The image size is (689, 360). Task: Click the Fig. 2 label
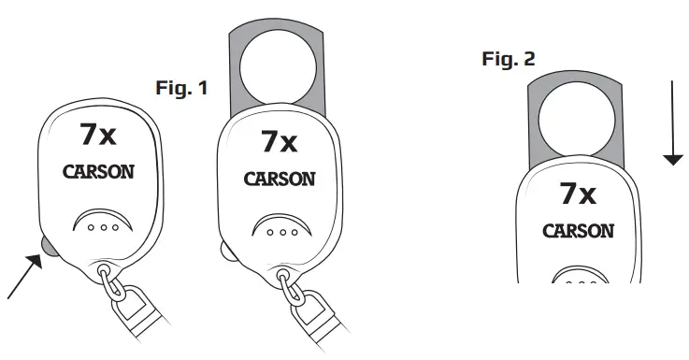(x=509, y=60)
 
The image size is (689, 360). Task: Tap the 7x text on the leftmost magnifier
(x=98, y=136)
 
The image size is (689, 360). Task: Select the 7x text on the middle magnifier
(x=279, y=142)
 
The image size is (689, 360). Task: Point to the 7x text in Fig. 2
(x=578, y=194)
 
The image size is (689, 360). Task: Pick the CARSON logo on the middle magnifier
(x=278, y=178)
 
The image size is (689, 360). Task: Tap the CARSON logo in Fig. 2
(x=579, y=230)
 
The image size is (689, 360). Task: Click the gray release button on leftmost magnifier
(x=46, y=245)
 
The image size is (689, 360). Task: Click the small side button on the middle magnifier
(x=222, y=250)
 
